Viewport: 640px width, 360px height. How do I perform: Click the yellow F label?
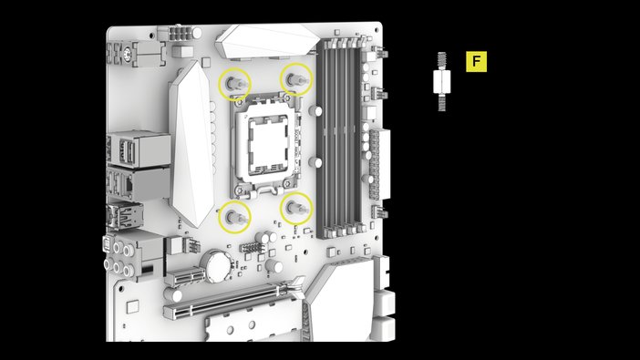tap(476, 62)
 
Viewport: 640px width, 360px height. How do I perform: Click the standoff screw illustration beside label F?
tap(441, 81)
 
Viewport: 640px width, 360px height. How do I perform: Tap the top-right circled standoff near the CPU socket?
tap(295, 80)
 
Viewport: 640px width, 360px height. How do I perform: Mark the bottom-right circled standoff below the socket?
tap(295, 209)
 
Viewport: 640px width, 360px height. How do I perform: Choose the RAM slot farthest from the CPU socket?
tap(358, 137)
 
